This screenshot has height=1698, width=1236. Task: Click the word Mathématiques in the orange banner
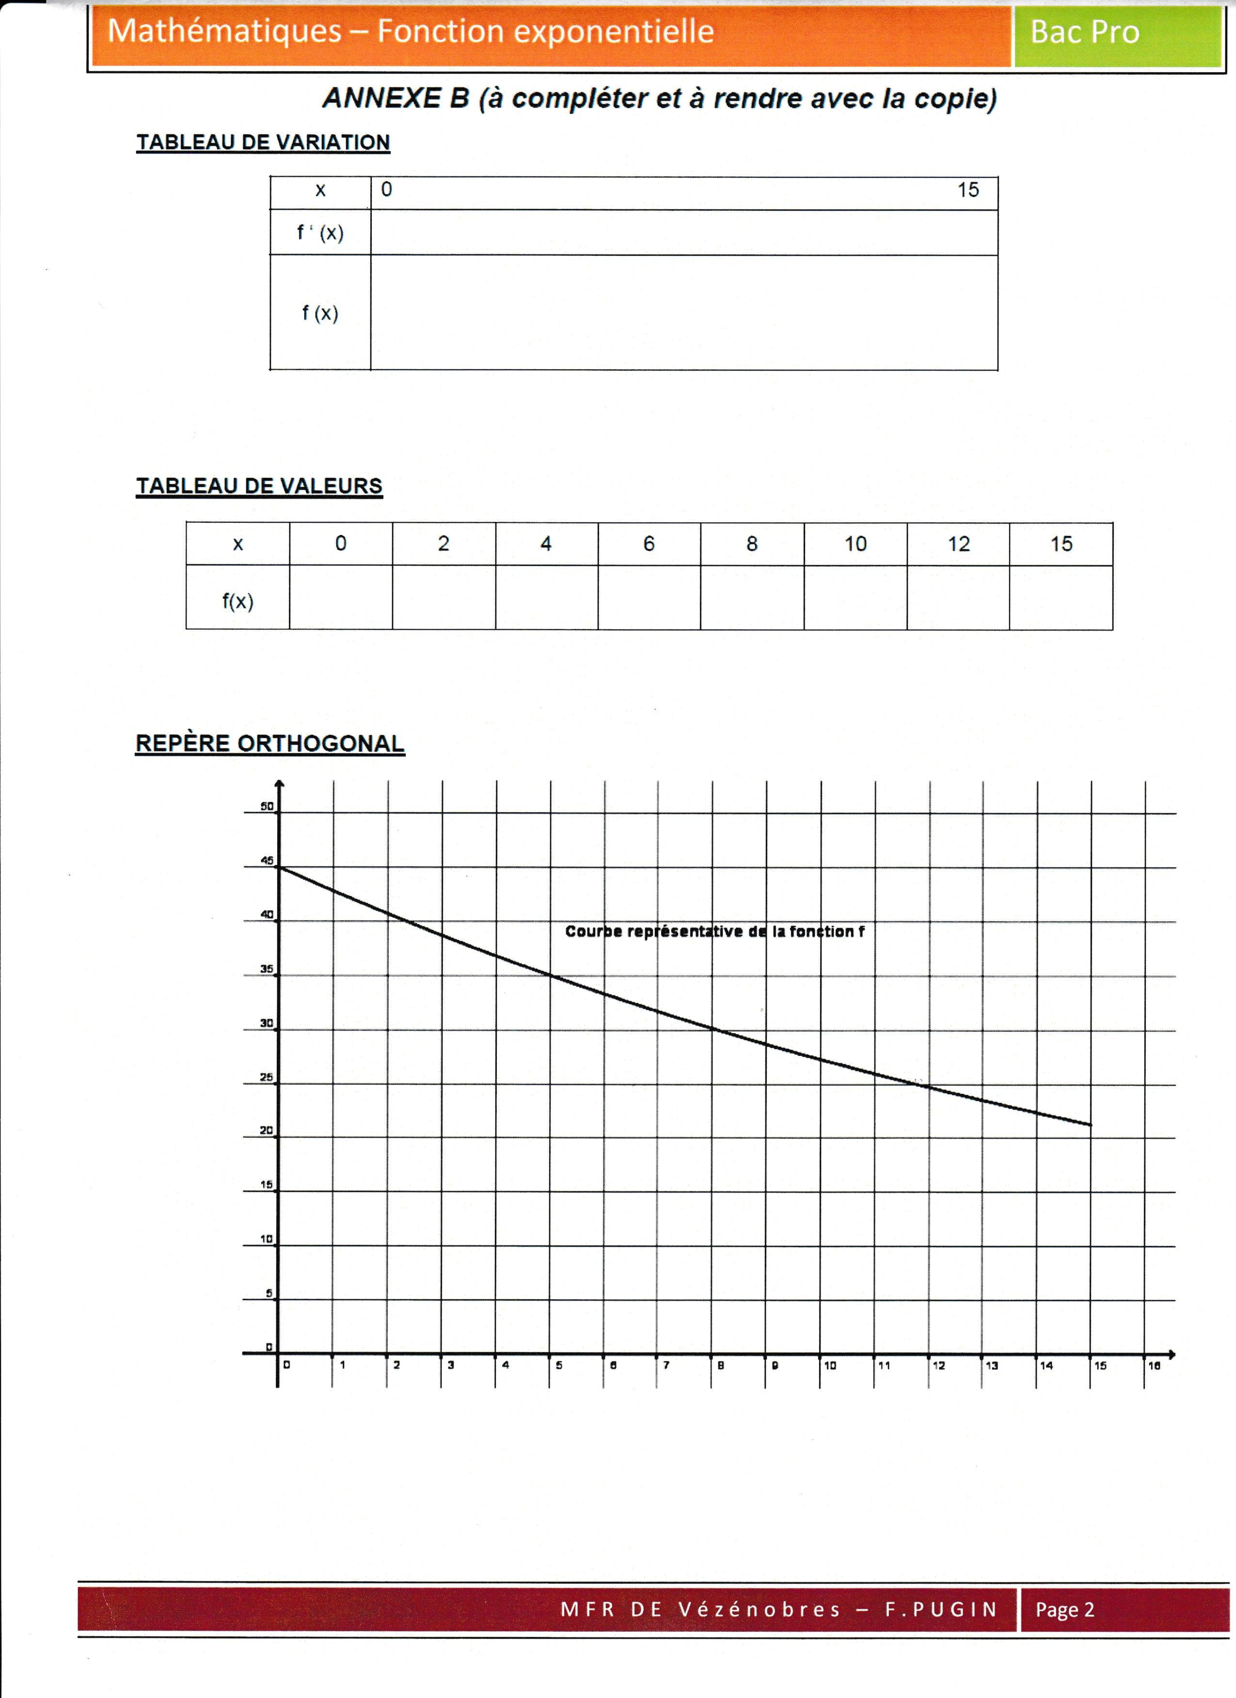pos(224,31)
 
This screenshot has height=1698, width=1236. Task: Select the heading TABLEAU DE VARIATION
pos(263,142)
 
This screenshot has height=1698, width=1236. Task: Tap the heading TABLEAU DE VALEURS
pos(259,486)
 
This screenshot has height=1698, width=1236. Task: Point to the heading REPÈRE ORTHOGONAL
pos(269,743)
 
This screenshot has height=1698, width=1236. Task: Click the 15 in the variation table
pos(968,190)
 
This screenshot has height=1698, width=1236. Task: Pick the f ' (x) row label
pos(320,233)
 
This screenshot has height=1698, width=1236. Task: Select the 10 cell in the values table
pos(855,544)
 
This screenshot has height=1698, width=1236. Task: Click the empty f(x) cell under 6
pos(649,597)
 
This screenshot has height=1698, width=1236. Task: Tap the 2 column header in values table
pos(443,544)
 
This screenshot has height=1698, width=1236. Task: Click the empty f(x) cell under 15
pos(1061,597)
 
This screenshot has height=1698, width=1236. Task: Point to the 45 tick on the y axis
pos(267,861)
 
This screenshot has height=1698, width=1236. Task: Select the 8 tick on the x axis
pos(720,1365)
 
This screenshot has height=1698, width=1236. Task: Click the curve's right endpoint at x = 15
pos(1091,1125)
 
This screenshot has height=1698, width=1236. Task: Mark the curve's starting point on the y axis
pos(279,867)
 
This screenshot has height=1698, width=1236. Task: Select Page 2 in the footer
pos(1064,1610)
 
